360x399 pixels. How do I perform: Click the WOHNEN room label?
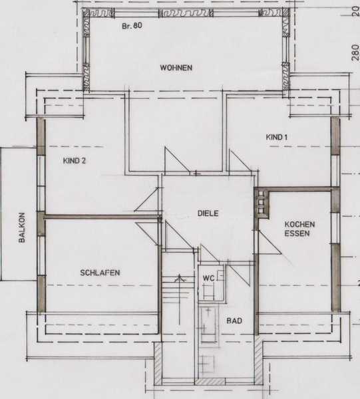click(x=176, y=68)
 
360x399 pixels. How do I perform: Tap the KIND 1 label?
click(x=277, y=137)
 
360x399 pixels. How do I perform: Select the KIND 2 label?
click(x=75, y=161)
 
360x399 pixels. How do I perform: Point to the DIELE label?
click(x=208, y=213)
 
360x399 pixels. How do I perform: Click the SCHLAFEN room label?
click(x=100, y=273)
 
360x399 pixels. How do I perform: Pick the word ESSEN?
click(x=297, y=233)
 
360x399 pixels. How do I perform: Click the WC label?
click(x=208, y=278)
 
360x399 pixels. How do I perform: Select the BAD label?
click(x=234, y=321)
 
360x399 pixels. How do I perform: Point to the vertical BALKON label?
click(x=22, y=227)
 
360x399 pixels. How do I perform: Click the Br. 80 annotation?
click(x=132, y=26)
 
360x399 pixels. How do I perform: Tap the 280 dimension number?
click(x=355, y=53)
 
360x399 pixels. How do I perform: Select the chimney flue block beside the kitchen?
click(x=262, y=203)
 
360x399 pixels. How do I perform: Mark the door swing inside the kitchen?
click(x=270, y=242)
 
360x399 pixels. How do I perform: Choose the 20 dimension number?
click(x=356, y=11)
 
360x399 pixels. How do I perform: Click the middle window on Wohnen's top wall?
click(x=186, y=13)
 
